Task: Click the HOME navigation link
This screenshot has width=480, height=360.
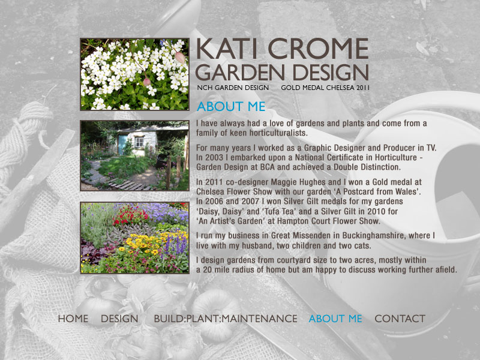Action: pyautogui.click(x=73, y=319)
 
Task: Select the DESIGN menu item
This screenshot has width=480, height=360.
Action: pyautogui.click(x=119, y=319)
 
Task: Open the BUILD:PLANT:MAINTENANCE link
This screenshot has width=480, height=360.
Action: pyautogui.click(x=226, y=319)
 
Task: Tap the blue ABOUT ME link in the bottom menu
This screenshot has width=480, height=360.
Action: pyautogui.click(x=335, y=319)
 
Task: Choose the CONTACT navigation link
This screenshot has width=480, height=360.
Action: pyautogui.click(x=400, y=319)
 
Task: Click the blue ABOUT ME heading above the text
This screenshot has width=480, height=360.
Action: pyautogui.click(x=231, y=107)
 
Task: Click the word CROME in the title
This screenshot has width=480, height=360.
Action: pyautogui.click(x=318, y=49)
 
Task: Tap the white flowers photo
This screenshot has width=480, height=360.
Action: pyautogui.click(x=134, y=74)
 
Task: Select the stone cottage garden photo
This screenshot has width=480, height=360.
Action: pyautogui.click(x=134, y=155)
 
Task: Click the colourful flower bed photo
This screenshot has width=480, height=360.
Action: pyautogui.click(x=134, y=238)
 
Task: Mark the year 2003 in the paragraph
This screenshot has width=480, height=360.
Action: pyautogui.click(x=215, y=157)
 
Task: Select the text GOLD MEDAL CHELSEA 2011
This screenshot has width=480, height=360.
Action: pyautogui.click(x=325, y=88)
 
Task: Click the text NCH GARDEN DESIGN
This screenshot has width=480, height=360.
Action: pyautogui.click(x=233, y=88)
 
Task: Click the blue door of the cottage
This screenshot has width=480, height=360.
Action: pyautogui.click(x=122, y=145)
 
